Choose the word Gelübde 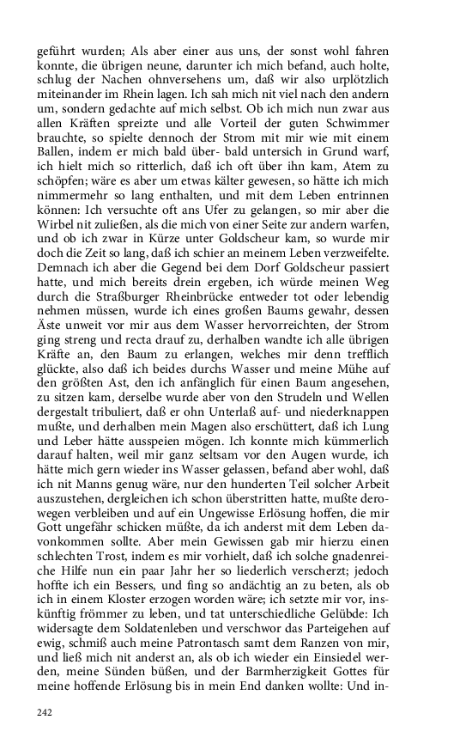pos(365,615)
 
